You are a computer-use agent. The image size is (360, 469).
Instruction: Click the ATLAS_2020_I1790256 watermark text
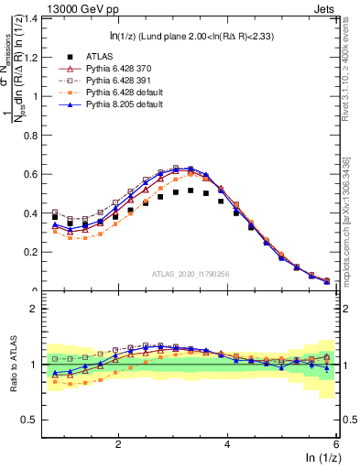pos(191,274)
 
